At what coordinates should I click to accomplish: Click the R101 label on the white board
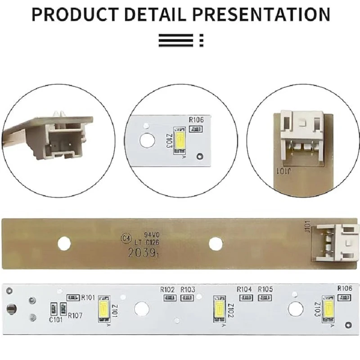point(88,297)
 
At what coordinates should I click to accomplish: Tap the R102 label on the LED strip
point(167,289)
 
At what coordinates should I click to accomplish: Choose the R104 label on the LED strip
point(244,289)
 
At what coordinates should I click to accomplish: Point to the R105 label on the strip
point(265,289)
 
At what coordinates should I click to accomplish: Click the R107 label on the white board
point(75,315)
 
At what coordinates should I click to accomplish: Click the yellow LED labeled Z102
point(220,309)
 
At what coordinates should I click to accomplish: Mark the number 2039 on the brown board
point(139,253)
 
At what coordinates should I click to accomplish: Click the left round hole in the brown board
point(64,243)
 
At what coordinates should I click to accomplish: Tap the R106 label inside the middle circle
point(196,120)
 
